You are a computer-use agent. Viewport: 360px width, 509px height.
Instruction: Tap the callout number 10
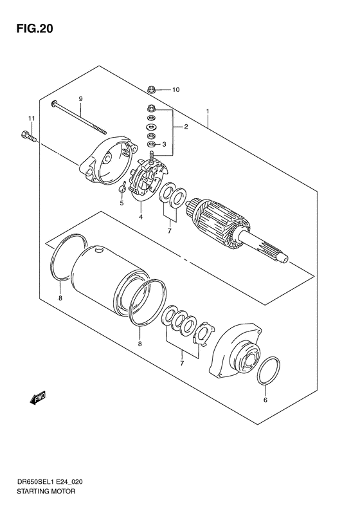click(x=175, y=89)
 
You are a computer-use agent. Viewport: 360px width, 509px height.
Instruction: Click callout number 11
click(x=30, y=118)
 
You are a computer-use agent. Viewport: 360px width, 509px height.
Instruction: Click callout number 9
click(x=81, y=98)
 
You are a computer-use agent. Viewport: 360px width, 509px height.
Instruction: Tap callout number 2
click(x=186, y=127)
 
